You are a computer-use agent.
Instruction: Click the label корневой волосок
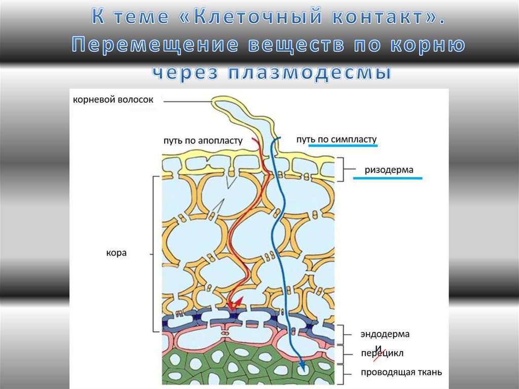tap(113, 100)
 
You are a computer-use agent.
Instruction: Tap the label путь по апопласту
tap(203, 140)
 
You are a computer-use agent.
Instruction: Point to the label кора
tap(116, 253)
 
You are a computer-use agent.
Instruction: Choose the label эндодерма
tap(385, 334)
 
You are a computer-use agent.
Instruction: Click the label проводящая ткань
tap(401, 372)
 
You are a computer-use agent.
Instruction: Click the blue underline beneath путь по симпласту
tap(343, 146)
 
